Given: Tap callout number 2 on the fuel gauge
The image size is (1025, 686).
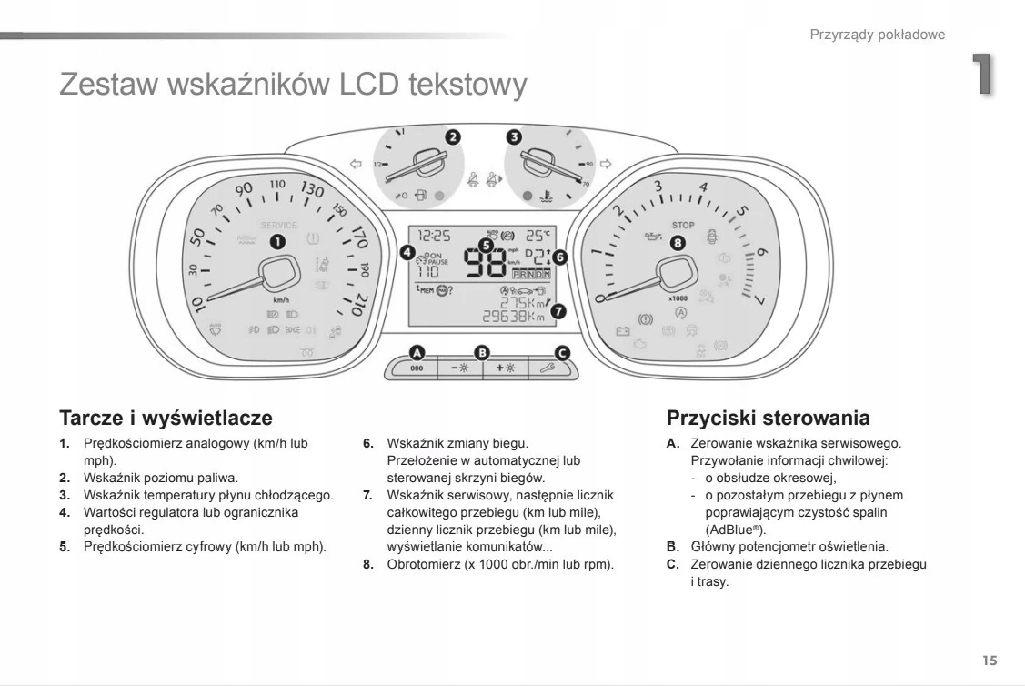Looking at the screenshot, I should pyautogui.click(x=452, y=137).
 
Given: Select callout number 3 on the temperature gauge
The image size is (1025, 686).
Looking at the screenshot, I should pyautogui.click(x=514, y=137).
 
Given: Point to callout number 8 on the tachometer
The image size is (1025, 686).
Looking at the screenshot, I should pyautogui.click(x=677, y=242).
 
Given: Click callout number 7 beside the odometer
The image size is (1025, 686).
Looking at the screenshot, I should pyautogui.click(x=558, y=311).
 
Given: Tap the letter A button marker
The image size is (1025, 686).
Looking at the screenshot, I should pyautogui.click(x=417, y=351).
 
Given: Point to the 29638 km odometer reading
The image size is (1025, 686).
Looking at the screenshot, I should pyautogui.click(x=512, y=317).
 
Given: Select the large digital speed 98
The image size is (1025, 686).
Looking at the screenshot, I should pyautogui.click(x=486, y=261).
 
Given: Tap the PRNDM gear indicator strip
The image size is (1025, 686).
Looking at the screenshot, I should pyautogui.click(x=531, y=273).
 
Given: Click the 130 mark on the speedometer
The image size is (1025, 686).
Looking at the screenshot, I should pyautogui.click(x=312, y=190).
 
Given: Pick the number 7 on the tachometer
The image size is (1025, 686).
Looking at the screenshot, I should pyautogui.click(x=757, y=300).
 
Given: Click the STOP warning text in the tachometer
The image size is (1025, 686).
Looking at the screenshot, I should pyautogui.click(x=682, y=225).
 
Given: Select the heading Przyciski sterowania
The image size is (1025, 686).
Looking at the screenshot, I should pyautogui.click(x=768, y=419).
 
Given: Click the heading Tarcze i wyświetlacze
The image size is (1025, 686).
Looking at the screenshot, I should pyautogui.click(x=166, y=419).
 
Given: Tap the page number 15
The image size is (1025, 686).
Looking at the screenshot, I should pyautogui.click(x=990, y=660).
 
